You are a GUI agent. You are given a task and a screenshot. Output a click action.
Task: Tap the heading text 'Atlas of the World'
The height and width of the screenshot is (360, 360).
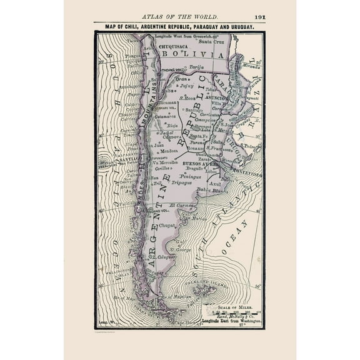pyautogui.click(x=180, y=17)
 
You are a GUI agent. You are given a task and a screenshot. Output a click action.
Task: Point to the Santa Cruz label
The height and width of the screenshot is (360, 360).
pyautogui.click(x=211, y=42)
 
